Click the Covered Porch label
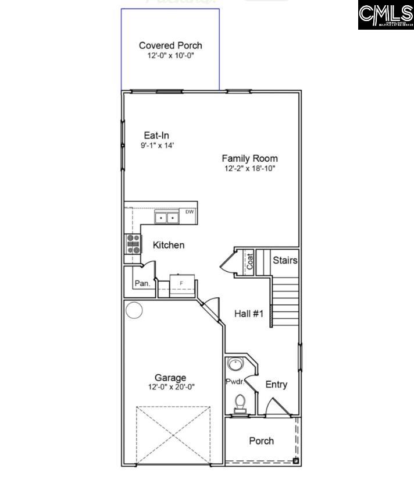(x=170, y=45)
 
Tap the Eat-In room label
(x=157, y=136)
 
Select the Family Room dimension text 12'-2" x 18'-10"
(x=250, y=169)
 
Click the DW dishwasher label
(x=190, y=212)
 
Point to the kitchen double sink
(x=167, y=218)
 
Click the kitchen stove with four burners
(x=133, y=243)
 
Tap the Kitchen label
(x=169, y=245)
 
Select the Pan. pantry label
(x=142, y=283)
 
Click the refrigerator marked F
(x=181, y=283)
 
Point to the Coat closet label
(x=250, y=261)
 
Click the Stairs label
(x=285, y=260)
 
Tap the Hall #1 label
(x=249, y=314)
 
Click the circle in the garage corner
(x=134, y=311)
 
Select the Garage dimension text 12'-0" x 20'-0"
(x=170, y=386)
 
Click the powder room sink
(x=235, y=365)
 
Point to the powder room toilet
(x=240, y=402)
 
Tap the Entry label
(x=276, y=384)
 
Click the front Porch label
(x=262, y=441)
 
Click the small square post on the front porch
(x=295, y=461)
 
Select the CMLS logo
(x=386, y=15)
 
